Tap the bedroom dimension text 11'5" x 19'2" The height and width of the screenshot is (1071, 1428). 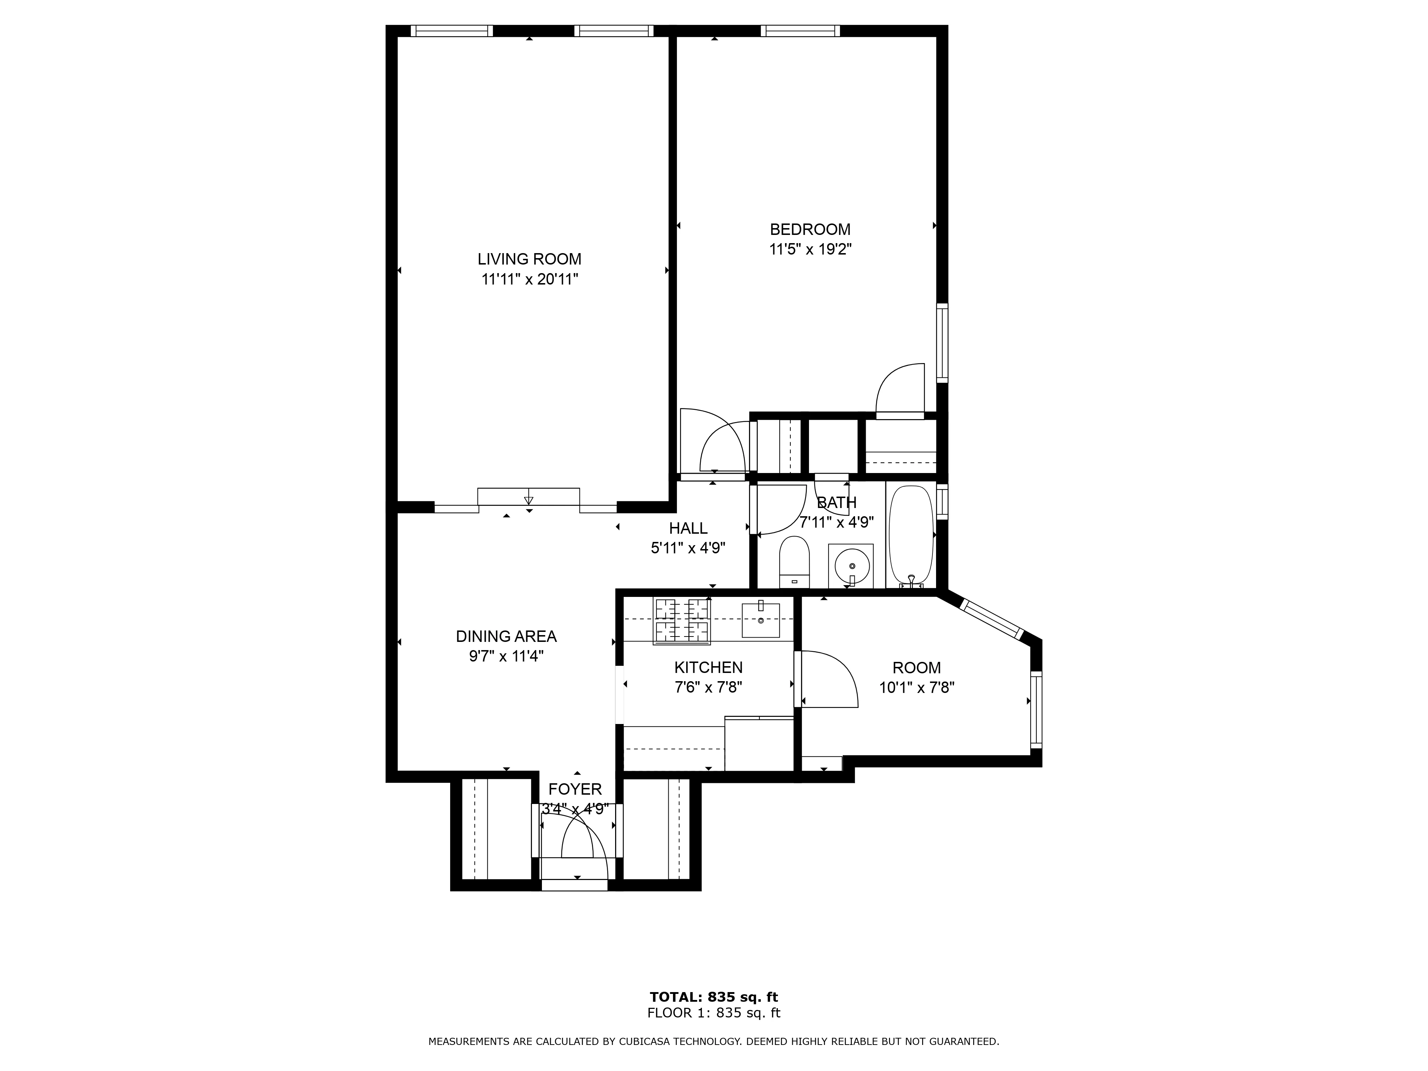click(x=810, y=249)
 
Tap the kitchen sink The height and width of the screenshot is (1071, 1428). click(x=760, y=620)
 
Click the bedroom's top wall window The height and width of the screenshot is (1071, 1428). click(x=800, y=30)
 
